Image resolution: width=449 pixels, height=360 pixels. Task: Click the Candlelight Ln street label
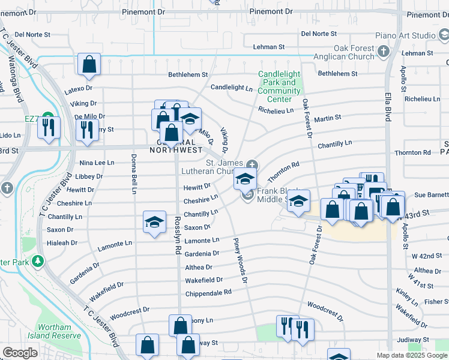231,88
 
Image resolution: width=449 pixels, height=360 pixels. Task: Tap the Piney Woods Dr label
240,260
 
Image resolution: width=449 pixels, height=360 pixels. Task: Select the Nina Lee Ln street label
97,163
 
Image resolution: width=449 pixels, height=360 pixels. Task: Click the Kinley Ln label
406,297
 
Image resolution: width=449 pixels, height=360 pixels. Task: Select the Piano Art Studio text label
406,36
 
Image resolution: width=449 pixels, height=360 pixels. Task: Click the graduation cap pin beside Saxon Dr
154,223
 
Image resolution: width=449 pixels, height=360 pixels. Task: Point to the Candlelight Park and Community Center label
279,87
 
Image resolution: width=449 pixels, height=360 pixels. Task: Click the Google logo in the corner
20,353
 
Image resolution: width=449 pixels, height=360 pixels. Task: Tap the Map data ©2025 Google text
411,355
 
